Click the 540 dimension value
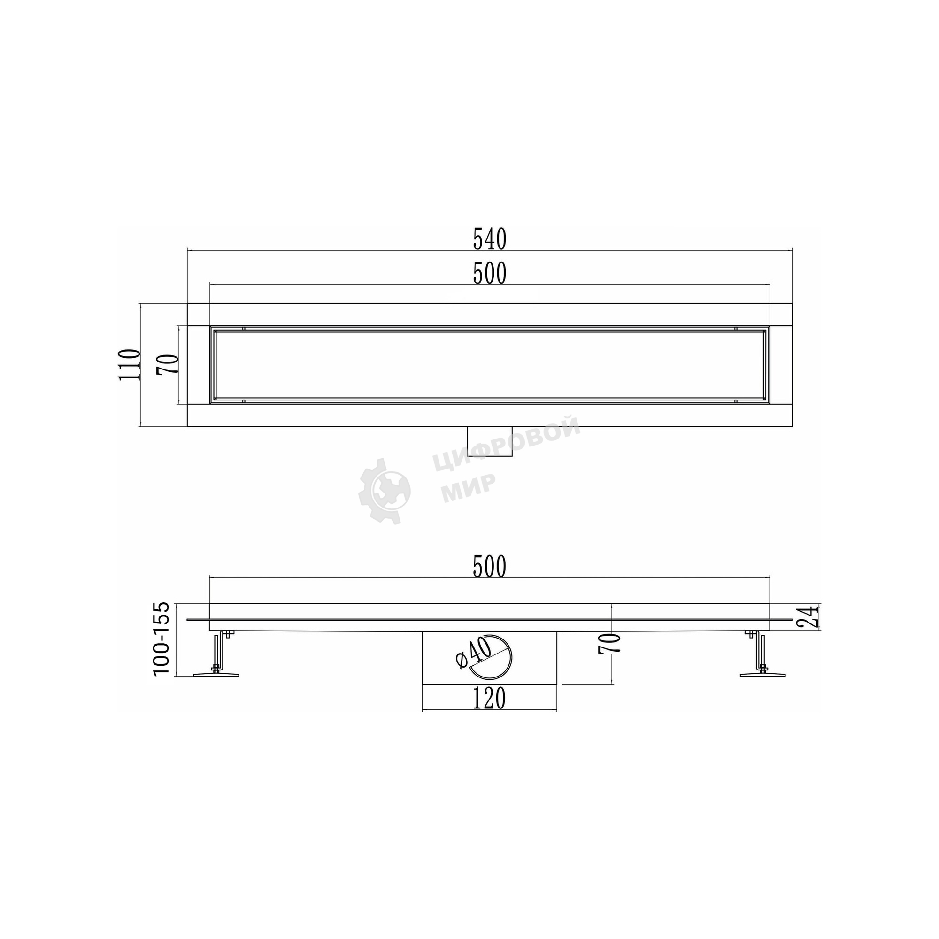pos(490,239)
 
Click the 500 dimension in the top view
pos(490,273)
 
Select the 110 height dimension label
pos(130,364)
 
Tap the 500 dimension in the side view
pos(490,567)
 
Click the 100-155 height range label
pos(162,639)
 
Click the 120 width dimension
pos(489,699)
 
